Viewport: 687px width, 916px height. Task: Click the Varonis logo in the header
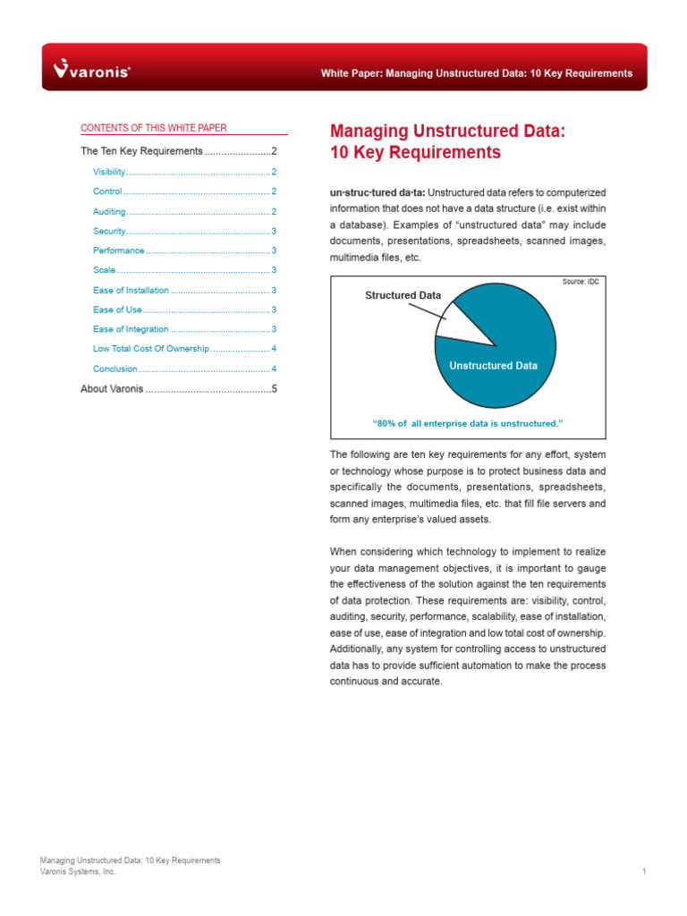pos(92,69)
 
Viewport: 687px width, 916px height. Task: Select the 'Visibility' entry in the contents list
pos(109,172)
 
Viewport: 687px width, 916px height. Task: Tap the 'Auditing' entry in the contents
pos(108,211)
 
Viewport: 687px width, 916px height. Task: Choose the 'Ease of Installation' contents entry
pos(131,290)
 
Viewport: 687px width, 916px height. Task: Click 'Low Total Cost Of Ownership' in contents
pos(150,349)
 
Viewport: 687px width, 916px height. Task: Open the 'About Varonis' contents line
pos(112,389)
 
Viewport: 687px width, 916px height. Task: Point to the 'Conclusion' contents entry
pos(115,369)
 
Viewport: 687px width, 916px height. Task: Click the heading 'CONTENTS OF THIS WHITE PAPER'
pos(154,128)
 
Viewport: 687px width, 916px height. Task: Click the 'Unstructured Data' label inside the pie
pos(493,365)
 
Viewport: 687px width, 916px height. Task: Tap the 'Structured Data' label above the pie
pos(403,294)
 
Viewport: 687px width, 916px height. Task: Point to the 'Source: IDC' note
pos(580,282)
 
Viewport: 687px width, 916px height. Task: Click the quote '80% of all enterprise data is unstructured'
pos(468,423)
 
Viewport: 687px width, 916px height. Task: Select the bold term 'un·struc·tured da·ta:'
pos(377,192)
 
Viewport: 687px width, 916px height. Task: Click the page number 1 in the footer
pos(643,871)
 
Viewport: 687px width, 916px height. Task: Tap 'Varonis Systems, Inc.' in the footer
pos(78,871)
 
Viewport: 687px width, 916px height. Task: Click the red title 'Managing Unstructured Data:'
pos(447,131)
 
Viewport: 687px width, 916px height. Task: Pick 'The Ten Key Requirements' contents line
pos(141,151)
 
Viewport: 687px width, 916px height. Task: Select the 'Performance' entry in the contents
pos(118,250)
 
